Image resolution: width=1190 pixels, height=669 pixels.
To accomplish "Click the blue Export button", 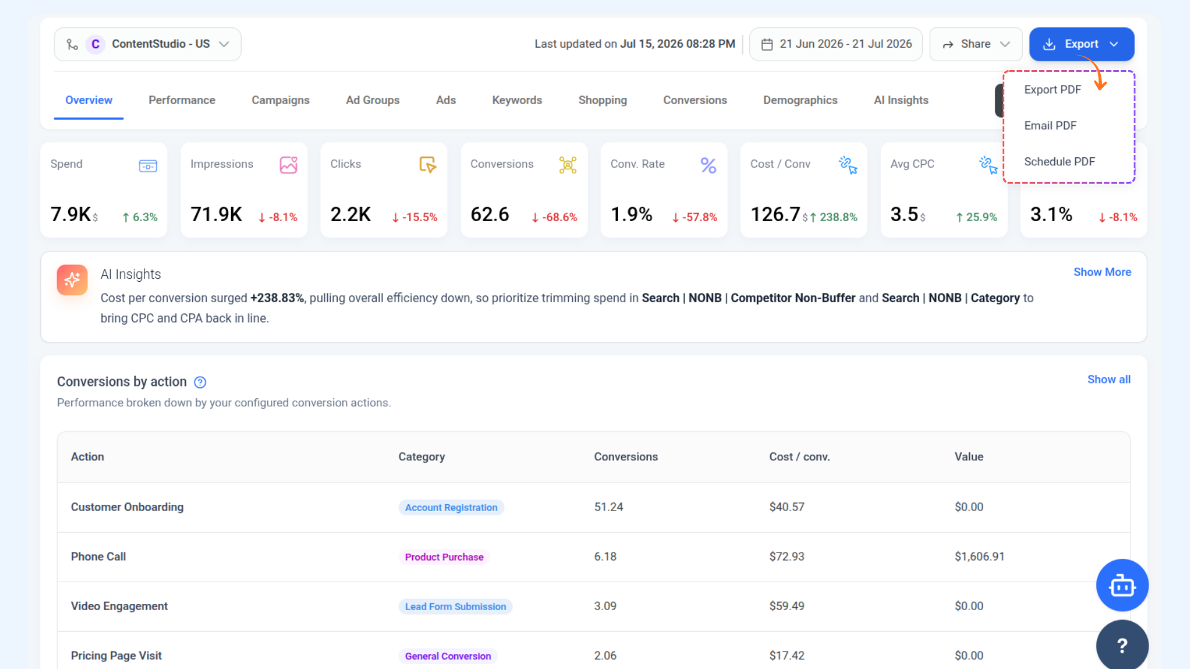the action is coord(1082,44).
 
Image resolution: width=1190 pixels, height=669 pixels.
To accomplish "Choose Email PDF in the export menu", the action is coord(1050,126).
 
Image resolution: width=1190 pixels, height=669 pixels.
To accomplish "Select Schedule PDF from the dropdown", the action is coord(1059,162).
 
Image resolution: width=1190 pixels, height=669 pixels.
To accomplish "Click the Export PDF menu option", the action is coord(1052,90).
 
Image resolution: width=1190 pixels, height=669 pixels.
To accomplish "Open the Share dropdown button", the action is coord(976,44).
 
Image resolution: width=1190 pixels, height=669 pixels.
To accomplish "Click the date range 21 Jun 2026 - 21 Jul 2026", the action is coord(835,44).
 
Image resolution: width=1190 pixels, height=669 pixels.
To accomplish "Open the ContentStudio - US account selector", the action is coord(148,44).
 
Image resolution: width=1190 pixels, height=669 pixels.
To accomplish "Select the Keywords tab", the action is coord(517,100).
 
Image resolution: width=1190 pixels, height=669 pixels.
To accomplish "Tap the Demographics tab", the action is coord(800,100).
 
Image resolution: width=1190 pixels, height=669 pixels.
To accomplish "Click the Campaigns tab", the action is coord(280,100).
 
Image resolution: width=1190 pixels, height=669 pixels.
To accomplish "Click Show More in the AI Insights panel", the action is coord(1102,272).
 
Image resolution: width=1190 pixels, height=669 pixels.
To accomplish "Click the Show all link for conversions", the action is coord(1109,379).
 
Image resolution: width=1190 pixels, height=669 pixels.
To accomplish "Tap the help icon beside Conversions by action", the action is coord(200,382).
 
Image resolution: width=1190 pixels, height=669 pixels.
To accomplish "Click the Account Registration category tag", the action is coord(451,507).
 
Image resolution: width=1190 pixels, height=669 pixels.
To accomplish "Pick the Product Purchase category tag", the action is coord(444,557).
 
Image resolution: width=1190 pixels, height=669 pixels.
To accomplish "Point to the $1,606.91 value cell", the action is coord(979,556).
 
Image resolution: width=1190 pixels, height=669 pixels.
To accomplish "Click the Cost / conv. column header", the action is coord(800,457).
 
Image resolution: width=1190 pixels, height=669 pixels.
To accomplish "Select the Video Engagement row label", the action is coord(119,606).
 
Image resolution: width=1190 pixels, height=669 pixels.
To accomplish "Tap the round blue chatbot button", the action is coord(1122,585).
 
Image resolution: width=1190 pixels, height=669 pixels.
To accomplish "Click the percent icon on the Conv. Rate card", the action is coord(708,165).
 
